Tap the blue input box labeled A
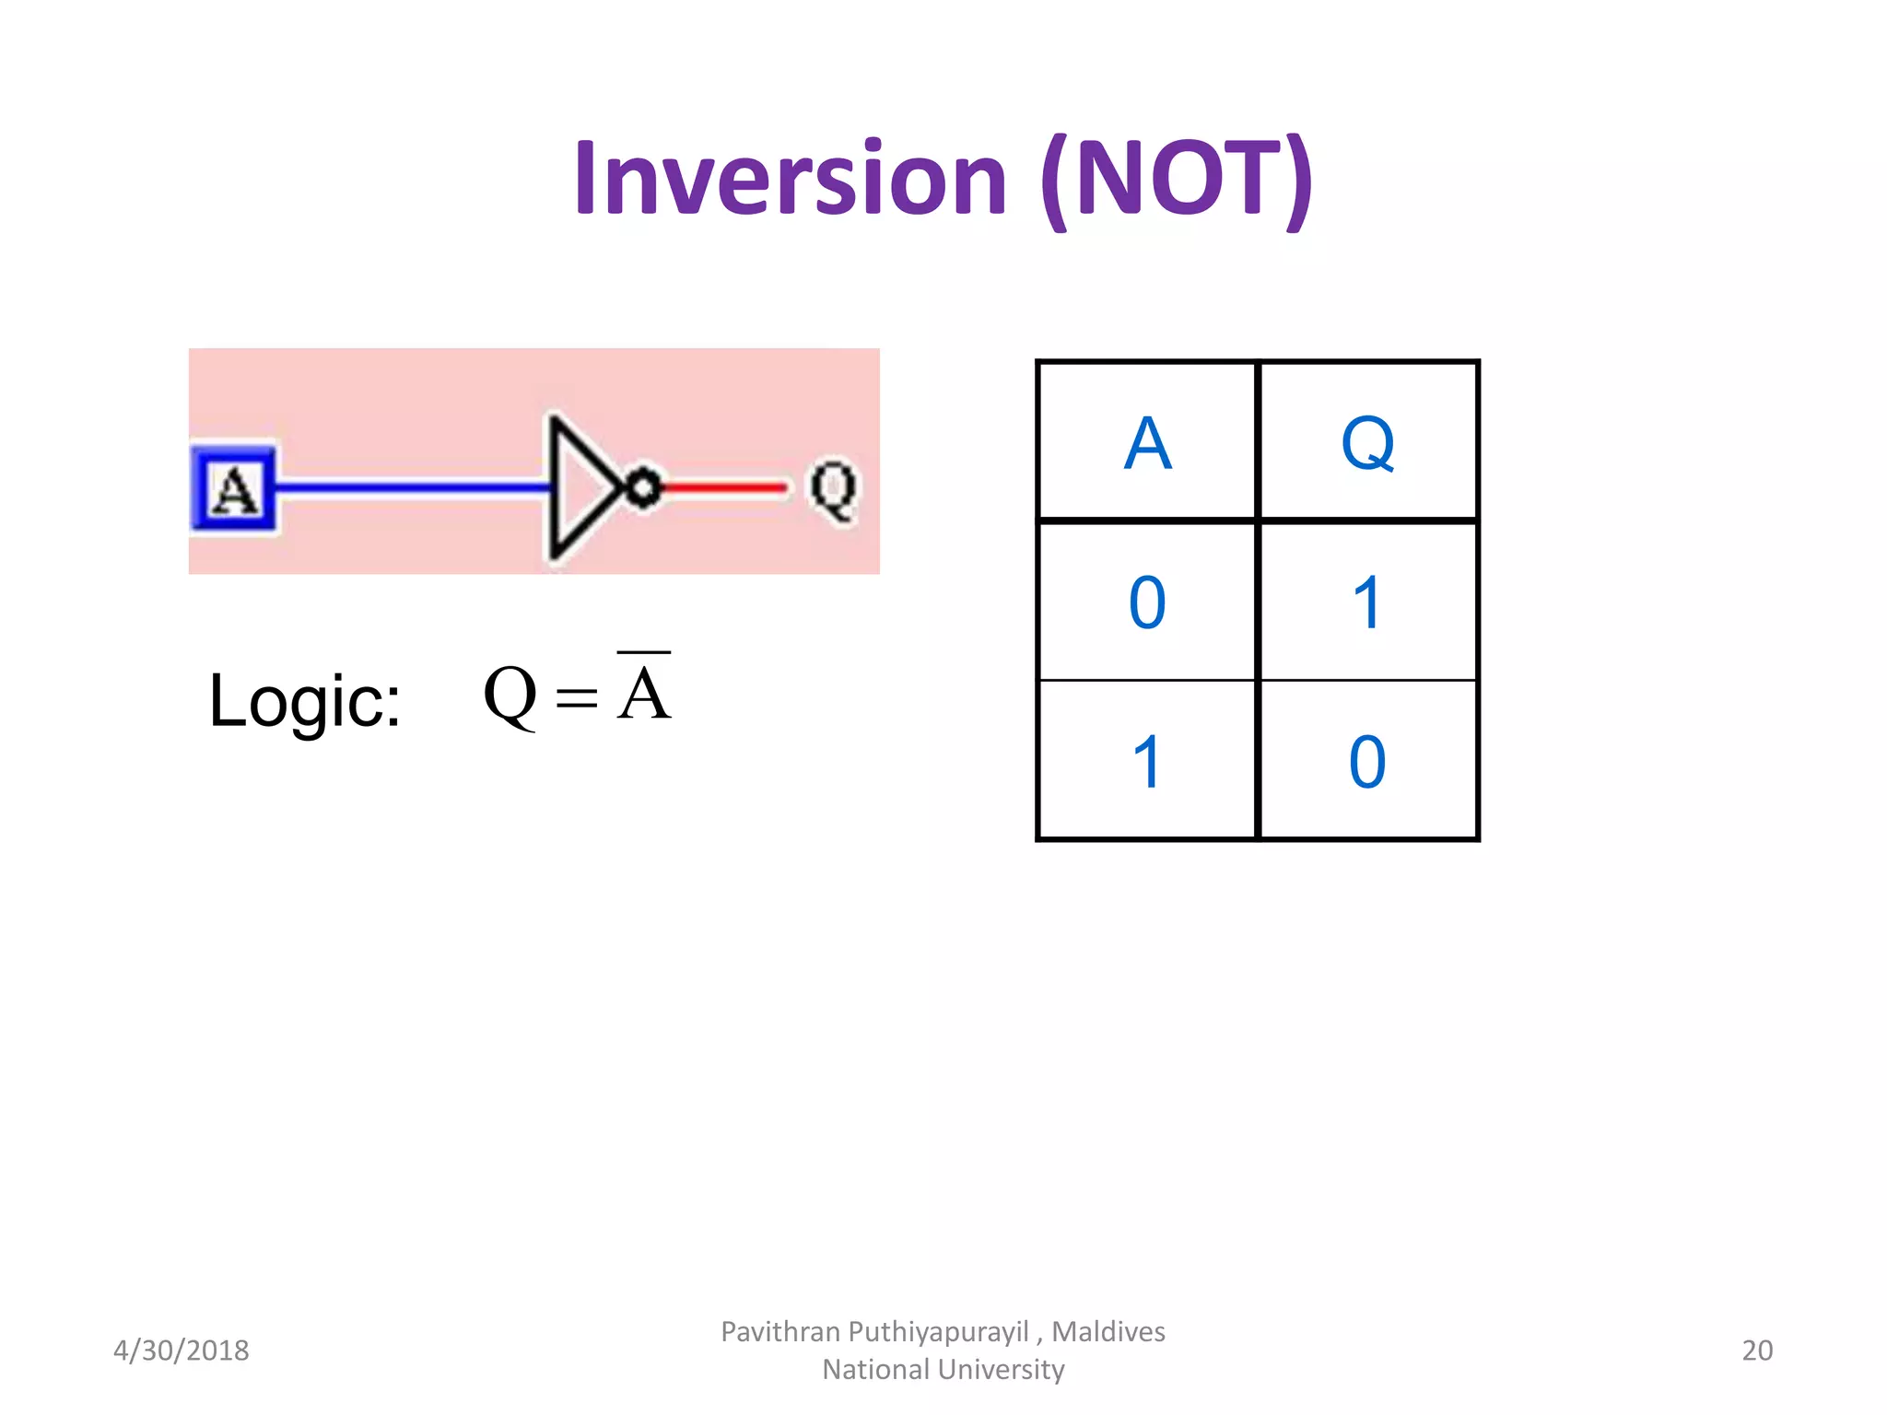click(234, 489)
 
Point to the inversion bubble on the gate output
click(644, 487)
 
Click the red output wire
click(724, 487)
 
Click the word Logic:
click(305, 701)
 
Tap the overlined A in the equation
click(644, 692)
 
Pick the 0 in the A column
click(1147, 603)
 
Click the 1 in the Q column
click(1367, 603)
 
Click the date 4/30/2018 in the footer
click(182, 1351)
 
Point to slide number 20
click(1756, 1351)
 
